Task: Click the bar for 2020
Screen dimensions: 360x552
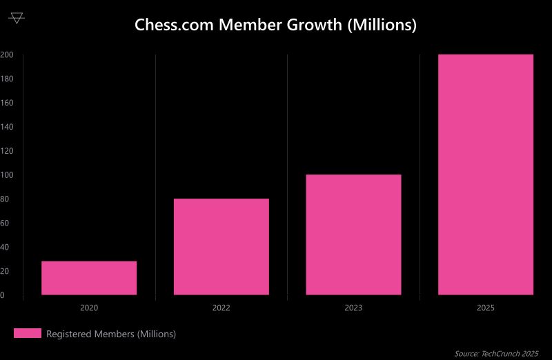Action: click(89, 278)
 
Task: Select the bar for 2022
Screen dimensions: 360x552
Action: click(221, 247)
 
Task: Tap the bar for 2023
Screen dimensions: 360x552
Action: click(353, 234)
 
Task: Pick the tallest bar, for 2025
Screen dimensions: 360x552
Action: click(486, 174)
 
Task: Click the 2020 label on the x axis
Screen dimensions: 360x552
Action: click(89, 308)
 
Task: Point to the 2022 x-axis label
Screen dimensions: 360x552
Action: click(221, 308)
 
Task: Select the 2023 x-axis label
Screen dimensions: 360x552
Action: click(353, 308)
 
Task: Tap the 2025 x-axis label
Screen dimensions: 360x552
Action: click(486, 308)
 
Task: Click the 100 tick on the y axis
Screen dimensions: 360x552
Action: click(6, 175)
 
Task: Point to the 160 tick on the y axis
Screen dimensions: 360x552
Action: click(6, 103)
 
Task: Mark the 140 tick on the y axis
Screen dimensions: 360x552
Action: click(6, 127)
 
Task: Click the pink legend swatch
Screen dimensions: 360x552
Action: click(28, 334)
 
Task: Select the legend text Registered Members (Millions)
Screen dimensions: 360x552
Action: click(111, 334)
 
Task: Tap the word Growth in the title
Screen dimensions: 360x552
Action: click(315, 26)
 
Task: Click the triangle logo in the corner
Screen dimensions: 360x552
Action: click(17, 18)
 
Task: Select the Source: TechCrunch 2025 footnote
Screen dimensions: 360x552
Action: click(496, 353)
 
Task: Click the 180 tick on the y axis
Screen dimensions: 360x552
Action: click(6, 79)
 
